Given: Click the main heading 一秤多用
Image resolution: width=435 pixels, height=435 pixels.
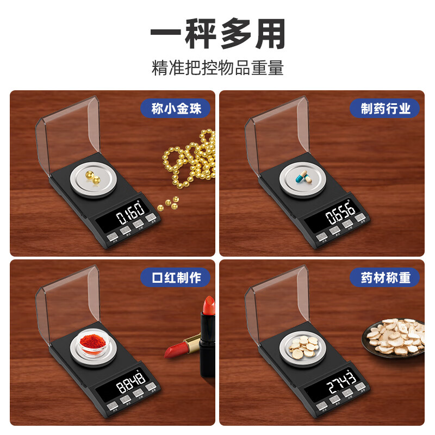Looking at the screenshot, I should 217,36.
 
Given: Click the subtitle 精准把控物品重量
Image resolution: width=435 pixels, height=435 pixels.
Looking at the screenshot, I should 217,69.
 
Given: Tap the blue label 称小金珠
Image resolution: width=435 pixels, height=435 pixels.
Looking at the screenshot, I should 176,109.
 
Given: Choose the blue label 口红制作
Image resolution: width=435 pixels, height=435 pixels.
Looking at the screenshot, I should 176,278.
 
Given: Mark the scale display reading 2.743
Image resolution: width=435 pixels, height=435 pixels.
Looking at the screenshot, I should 341,383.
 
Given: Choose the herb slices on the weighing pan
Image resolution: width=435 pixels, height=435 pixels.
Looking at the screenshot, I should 302,344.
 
